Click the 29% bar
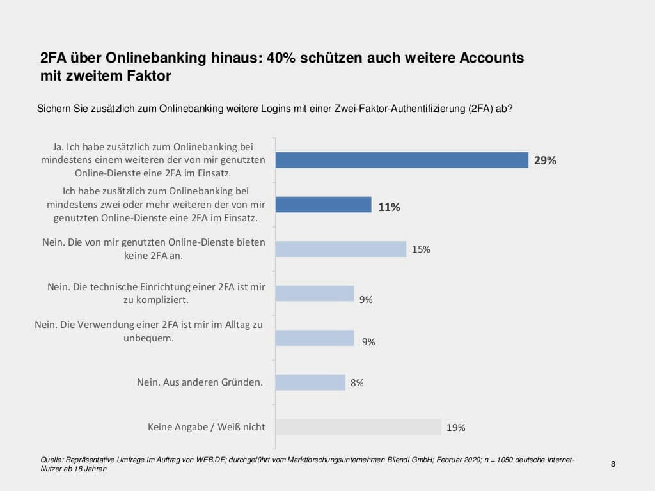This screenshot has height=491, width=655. tap(402, 160)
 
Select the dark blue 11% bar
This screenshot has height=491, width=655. tap(323, 205)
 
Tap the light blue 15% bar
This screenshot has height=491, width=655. tap(341, 249)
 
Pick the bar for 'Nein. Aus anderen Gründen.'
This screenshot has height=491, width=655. tap(310, 382)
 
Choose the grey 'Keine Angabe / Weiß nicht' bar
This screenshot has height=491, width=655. tap(358, 426)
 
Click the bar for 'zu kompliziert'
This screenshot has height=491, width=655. tap(315, 293)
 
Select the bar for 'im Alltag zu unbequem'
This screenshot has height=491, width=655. tap(315, 338)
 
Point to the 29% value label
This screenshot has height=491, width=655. tap(545, 160)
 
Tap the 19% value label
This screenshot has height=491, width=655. tap(455, 428)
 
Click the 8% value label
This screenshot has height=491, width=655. tap(357, 383)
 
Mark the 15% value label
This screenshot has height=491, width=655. tap(421, 249)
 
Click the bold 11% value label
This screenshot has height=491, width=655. tap(389, 207)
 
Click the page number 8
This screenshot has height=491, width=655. tap(613, 464)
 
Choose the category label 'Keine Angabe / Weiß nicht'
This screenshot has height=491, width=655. tap(206, 426)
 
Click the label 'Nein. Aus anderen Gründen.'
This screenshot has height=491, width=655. tap(200, 382)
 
